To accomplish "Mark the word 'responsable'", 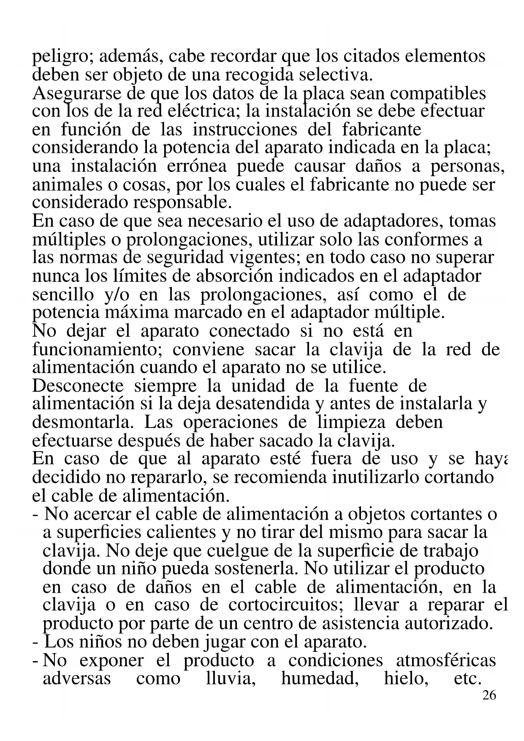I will pos(182,202).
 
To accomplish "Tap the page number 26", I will pos(489,695).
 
